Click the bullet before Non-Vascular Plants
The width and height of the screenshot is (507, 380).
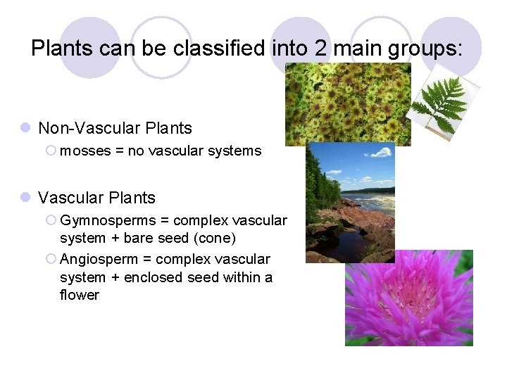coord(25,128)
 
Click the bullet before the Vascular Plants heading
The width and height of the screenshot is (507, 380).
coord(25,198)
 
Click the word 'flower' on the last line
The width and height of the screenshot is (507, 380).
coord(80,295)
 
